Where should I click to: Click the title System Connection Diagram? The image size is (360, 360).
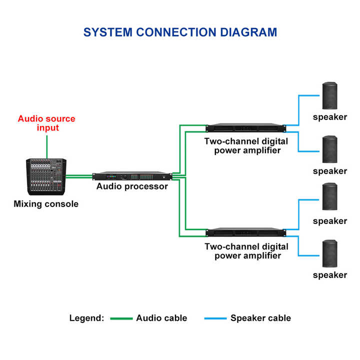point(180,32)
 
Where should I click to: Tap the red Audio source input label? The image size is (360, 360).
point(46,123)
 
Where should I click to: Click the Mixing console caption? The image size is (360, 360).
point(46,204)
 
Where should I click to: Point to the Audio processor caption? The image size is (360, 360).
point(132,186)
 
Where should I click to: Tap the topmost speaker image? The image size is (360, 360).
point(329,96)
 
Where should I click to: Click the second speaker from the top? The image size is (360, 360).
point(329,149)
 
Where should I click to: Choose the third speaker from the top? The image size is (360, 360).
point(329,196)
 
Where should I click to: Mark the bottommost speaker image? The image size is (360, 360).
point(329,253)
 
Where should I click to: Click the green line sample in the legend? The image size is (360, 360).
point(121,318)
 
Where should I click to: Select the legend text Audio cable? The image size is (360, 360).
point(161,318)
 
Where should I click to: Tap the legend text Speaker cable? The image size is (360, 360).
point(260,318)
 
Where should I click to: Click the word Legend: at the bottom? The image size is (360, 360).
point(86,318)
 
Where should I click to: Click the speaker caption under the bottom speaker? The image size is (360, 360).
point(329,275)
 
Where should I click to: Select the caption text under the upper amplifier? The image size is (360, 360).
point(246,145)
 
